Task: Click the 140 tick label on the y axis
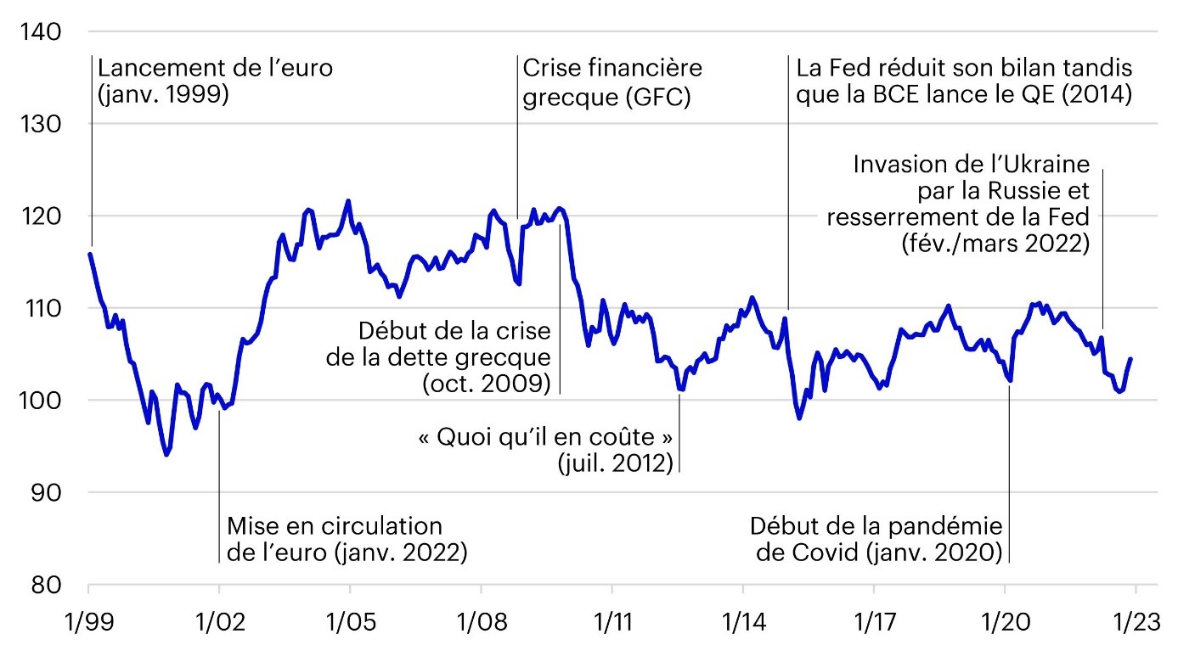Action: (39, 32)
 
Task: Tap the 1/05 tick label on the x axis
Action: (349, 618)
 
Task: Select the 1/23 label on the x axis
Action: (1134, 618)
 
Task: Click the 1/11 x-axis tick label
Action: (611, 618)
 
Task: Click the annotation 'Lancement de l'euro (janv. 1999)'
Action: (216, 80)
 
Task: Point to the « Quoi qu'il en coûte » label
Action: (545, 438)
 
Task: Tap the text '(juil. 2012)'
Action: (615, 463)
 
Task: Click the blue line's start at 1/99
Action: (89, 254)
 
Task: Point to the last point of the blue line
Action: (1130, 359)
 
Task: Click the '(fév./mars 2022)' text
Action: (995, 245)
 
